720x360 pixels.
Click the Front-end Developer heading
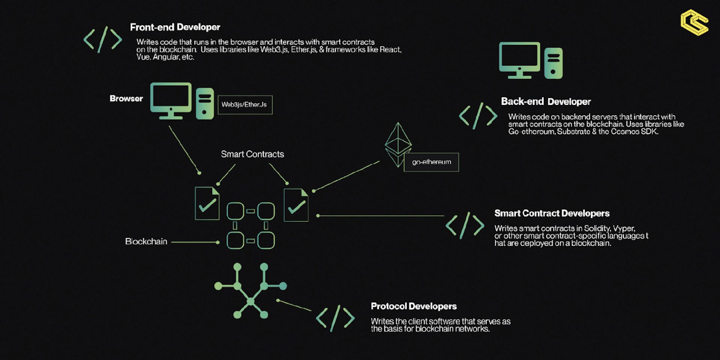point(175,27)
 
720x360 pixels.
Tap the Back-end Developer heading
point(546,102)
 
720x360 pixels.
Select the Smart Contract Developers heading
point(552,213)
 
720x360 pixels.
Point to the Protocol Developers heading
point(414,306)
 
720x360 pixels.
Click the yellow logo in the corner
point(694,22)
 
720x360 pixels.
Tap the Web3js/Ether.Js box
point(245,105)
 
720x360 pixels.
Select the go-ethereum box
point(431,162)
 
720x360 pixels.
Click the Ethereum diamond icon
point(398,144)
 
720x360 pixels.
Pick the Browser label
point(126,99)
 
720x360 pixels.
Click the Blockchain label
point(146,241)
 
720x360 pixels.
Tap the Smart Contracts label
point(252,154)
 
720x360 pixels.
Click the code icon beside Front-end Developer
point(102,39)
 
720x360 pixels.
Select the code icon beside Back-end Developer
point(478,116)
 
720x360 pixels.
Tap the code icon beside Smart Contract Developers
point(465,225)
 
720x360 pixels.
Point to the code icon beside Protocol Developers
point(335,318)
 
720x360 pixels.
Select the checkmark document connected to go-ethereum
point(296,205)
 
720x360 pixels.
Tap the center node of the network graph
point(250,301)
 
